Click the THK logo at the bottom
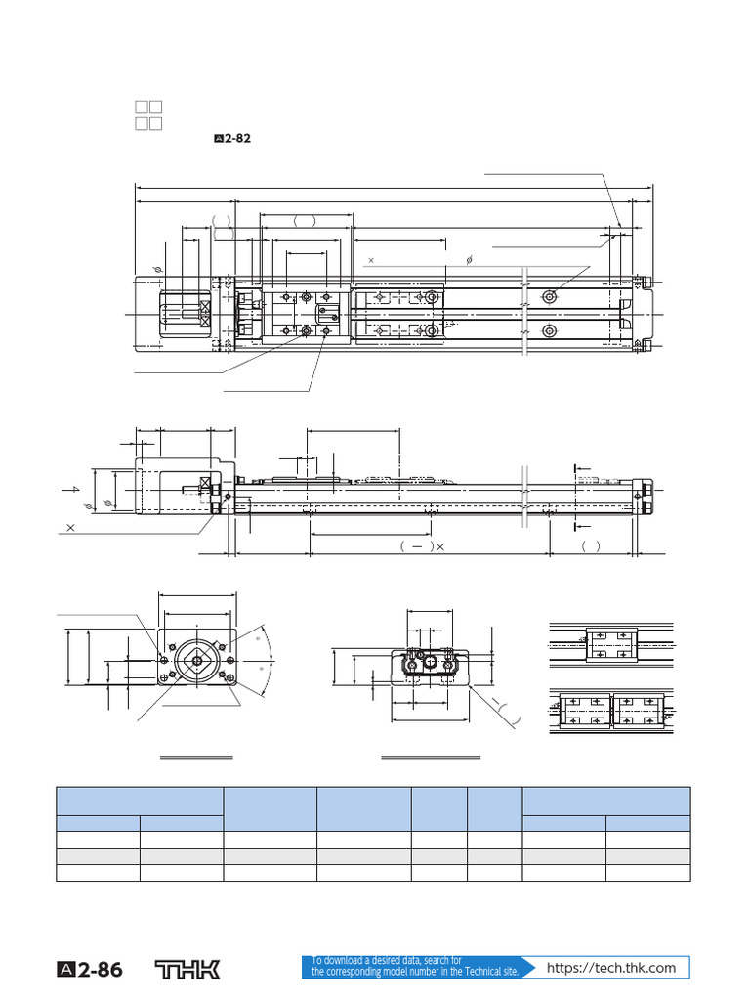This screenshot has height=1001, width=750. point(188,970)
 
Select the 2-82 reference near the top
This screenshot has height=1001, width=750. point(232,139)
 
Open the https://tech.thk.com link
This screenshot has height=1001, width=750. point(611,968)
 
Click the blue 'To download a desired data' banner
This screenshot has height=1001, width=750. point(415,967)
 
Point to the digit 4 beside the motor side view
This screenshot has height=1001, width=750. point(74,488)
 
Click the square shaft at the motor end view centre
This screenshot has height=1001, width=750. point(197,662)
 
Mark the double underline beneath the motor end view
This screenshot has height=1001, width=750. point(196,757)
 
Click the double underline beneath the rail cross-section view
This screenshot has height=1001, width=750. point(431,757)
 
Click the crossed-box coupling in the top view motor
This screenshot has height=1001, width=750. point(205,314)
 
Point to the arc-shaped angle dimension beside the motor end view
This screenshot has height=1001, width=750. point(267,661)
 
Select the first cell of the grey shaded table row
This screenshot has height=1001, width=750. point(98,856)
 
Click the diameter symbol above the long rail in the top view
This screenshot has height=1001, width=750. point(470,260)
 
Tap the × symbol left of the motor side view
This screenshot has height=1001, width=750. point(70,526)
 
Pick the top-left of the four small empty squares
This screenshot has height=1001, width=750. point(141,107)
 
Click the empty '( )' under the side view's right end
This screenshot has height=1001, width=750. point(591,546)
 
